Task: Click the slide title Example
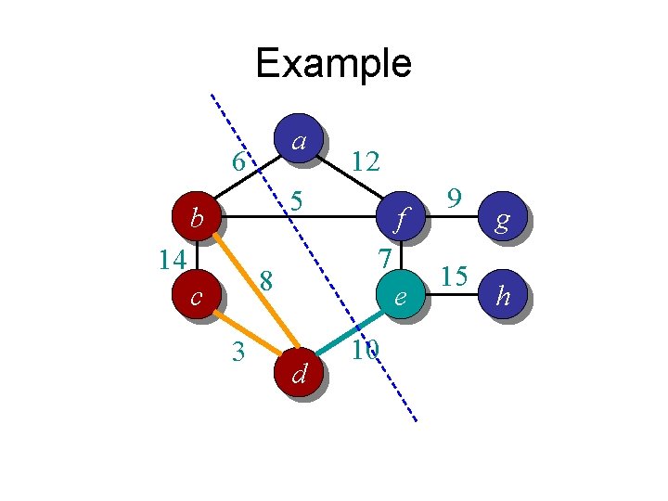click(x=333, y=63)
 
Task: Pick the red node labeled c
click(x=197, y=297)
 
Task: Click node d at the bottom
click(x=298, y=373)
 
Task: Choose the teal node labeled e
click(x=400, y=297)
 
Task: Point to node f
click(x=400, y=219)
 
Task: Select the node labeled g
click(x=502, y=219)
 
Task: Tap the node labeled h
click(x=502, y=296)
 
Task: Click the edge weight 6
click(x=238, y=162)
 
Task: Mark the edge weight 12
click(x=366, y=162)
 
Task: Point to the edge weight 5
click(x=296, y=199)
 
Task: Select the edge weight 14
click(x=172, y=258)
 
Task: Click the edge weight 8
click(x=266, y=279)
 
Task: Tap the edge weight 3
click(x=238, y=352)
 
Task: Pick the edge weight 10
click(x=365, y=350)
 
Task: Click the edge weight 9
click(x=454, y=198)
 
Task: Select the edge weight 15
click(x=454, y=276)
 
